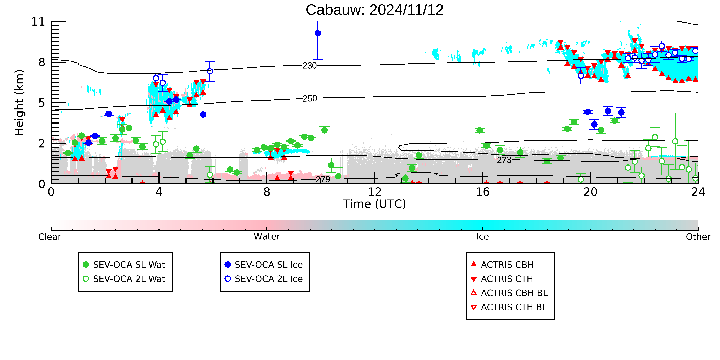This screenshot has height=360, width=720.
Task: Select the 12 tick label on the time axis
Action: pyautogui.click(x=375, y=192)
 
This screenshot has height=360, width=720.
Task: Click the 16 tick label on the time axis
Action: pyautogui.click(x=482, y=192)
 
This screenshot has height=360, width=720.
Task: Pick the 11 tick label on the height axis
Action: pyautogui.click(x=38, y=22)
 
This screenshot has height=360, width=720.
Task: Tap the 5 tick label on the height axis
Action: pyautogui.click(x=42, y=103)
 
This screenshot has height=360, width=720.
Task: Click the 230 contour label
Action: pyautogui.click(x=309, y=66)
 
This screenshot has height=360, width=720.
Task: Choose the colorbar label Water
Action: pyautogui.click(x=267, y=237)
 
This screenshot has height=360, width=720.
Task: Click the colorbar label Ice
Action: pyautogui.click(x=482, y=237)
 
